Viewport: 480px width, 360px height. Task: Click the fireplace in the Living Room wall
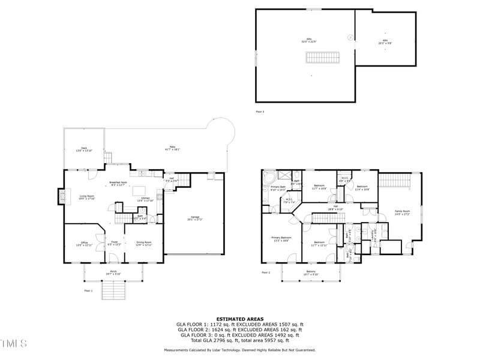coord(60,197)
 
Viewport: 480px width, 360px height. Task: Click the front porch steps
coord(113,291)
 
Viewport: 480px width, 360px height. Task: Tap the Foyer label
coord(114,244)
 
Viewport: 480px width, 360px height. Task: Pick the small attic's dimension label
coord(384,43)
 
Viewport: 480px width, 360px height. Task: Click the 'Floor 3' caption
coord(260,112)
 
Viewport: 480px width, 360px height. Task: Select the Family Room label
coord(402,212)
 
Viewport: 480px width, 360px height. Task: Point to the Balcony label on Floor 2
coord(311,273)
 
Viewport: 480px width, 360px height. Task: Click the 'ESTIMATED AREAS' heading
coord(240,319)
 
